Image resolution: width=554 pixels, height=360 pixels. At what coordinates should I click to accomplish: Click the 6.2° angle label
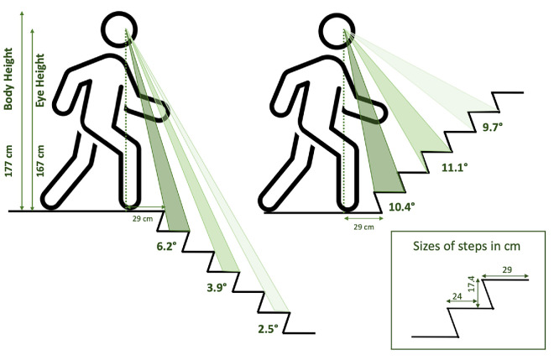tap(166, 246)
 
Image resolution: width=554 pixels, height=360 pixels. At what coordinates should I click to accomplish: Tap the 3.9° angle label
tap(217, 287)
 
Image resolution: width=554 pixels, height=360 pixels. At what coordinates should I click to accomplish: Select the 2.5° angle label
tap(268, 329)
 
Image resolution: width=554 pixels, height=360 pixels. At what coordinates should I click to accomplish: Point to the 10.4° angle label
tap(402, 206)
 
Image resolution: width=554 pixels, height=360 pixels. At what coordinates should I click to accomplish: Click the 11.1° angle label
tap(455, 167)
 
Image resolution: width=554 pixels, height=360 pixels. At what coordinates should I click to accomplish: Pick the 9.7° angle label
tap(493, 128)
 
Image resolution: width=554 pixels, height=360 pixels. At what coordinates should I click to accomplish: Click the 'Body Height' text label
tap(8, 78)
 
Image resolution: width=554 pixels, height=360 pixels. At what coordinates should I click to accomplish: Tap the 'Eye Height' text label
tap(40, 81)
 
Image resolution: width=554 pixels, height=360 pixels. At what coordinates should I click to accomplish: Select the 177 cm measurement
tap(8, 160)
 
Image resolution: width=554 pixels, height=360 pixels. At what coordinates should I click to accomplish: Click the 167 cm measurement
tap(40, 160)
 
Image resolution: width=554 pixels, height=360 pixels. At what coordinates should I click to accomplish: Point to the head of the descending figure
tap(119, 29)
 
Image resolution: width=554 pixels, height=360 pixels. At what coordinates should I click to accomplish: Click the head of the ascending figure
tap(337, 31)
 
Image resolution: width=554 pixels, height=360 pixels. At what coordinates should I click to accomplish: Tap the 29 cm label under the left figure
tap(143, 219)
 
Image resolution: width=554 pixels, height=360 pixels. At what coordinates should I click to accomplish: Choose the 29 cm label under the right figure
tap(363, 227)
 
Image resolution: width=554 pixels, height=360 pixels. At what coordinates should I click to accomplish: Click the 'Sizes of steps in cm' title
tap(467, 246)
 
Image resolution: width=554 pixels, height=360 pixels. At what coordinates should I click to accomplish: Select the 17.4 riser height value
tap(472, 284)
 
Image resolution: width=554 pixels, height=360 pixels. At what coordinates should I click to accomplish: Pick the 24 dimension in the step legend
tap(457, 296)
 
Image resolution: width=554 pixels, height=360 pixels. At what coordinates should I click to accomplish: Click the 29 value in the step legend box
tap(507, 269)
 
